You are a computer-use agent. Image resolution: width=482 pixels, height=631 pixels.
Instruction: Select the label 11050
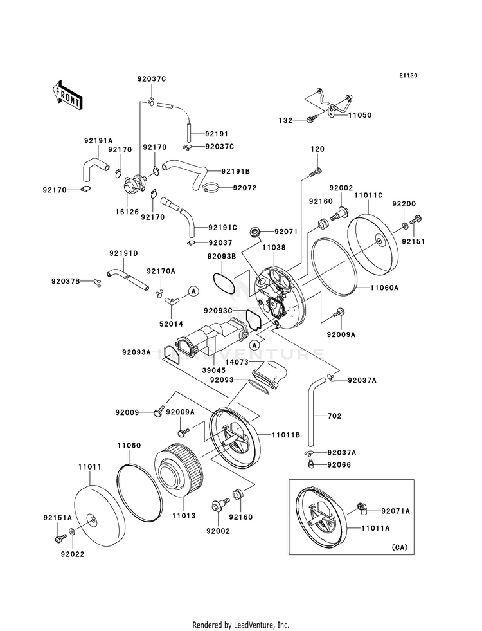pyautogui.click(x=360, y=115)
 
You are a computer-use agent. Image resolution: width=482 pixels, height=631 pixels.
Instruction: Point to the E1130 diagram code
pyautogui.click(x=407, y=76)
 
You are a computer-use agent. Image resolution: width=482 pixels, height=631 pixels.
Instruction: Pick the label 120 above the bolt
pyautogui.click(x=317, y=149)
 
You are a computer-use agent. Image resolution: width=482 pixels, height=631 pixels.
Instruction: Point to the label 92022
pyautogui.click(x=73, y=553)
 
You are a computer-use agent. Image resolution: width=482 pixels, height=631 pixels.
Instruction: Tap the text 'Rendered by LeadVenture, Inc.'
pyautogui.click(x=241, y=625)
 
